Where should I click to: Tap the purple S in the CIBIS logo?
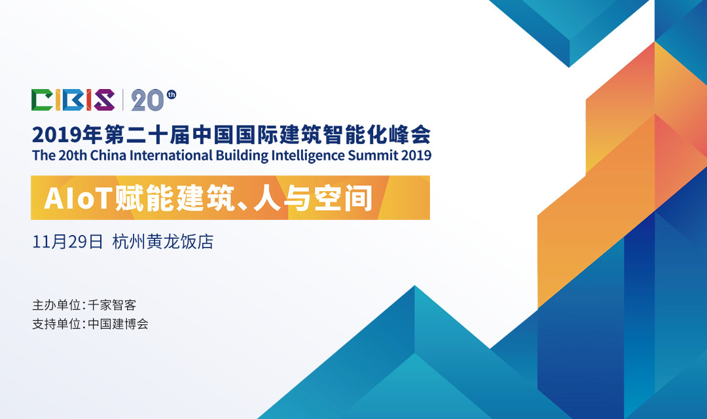click(103, 100)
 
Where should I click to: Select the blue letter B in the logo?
click(73, 100)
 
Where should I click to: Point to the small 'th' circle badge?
click(172, 94)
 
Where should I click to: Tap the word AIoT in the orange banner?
click(78, 198)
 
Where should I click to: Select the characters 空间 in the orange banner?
click(344, 198)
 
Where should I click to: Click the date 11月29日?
click(67, 242)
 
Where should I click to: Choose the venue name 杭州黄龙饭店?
click(163, 242)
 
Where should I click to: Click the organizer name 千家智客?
click(112, 305)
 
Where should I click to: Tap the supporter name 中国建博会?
click(118, 324)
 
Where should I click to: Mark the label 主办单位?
click(56, 305)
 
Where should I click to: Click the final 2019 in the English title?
click(416, 155)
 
